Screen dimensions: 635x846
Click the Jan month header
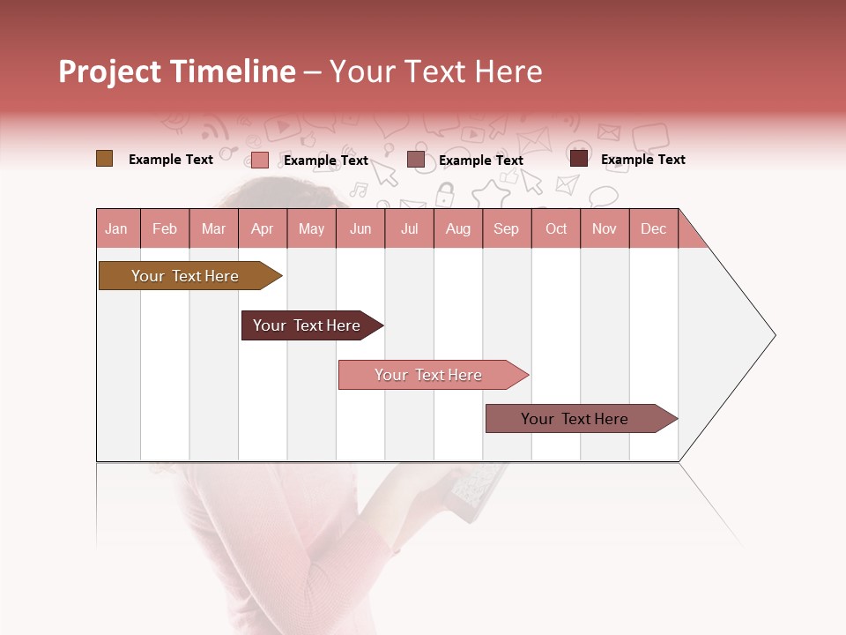click(x=116, y=228)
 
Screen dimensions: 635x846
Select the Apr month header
click(x=262, y=228)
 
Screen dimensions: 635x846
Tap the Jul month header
click(x=409, y=228)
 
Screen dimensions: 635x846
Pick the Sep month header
click(x=506, y=228)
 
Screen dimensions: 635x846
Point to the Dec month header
click(x=653, y=228)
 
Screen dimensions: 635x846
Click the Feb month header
click(x=165, y=228)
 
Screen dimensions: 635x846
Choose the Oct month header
click(x=556, y=228)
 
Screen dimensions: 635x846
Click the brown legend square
click(x=104, y=159)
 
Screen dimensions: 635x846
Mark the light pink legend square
click(x=259, y=160)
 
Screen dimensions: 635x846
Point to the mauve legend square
click(x=416, y=160)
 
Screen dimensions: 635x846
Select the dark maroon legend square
click(x=578, y=159)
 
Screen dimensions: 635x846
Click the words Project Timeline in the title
click(x=176, y=71)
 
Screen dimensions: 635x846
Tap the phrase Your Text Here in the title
click(x=435, y=71)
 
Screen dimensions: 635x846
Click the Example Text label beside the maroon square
click(x=642, y=160)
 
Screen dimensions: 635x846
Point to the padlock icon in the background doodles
click(x=445, y=193)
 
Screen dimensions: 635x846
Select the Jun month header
click(x=360, y=228)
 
